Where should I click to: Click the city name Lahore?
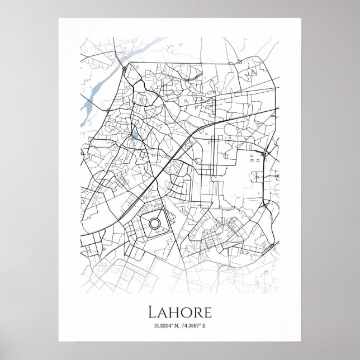coord(179,311)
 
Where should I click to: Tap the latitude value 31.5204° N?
coord(162,326)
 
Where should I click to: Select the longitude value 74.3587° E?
coord(196,326)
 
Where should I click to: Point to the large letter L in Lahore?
coord(152,311)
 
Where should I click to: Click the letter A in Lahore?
coord(163,311)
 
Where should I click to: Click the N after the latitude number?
coord(175,326)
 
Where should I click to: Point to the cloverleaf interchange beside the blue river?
coord(123,68)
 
